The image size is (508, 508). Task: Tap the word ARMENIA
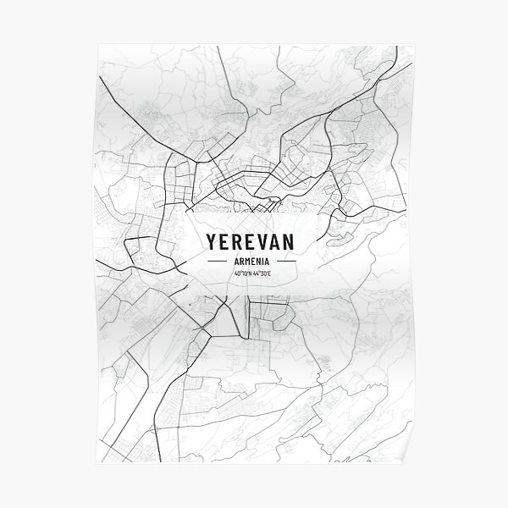click(249, 262)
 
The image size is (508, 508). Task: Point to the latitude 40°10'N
click(238, 273)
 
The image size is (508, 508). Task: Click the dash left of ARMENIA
click(217, 262)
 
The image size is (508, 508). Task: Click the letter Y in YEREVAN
click(211, 241)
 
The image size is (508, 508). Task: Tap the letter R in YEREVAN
click(237, 241)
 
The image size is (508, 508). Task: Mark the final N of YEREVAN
click(288, 241)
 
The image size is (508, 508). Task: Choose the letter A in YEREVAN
click(274, 241)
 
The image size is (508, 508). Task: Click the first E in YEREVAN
click(224, 241)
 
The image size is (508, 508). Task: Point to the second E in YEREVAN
click(250, 241)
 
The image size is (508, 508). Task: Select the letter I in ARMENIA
click(262, 262)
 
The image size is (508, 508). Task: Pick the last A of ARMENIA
click(268, 262)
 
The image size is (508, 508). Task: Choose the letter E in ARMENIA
click(251, 262)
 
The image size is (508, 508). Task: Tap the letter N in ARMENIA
click(257, 262)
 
